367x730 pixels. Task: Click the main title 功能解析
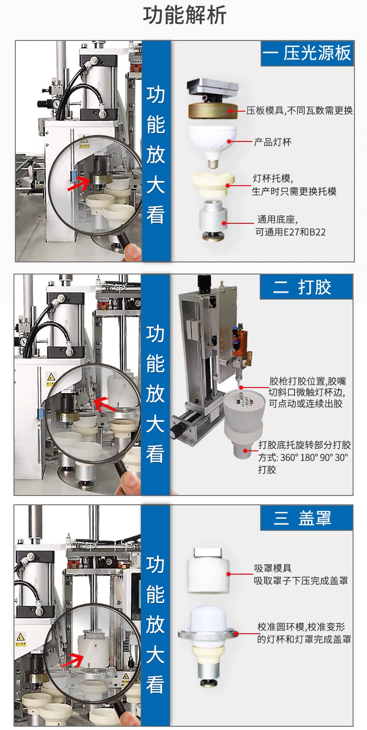coord(184,16)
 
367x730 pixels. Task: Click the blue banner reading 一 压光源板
coord(307,54)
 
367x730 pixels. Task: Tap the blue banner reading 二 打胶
coord(306,287)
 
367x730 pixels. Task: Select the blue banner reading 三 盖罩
coord(306,518)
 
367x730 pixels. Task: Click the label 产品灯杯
coord(273,142)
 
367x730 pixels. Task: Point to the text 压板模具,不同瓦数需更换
coord(299,111)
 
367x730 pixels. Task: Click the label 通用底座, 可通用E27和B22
coord(291,226)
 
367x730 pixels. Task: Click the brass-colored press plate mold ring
coord(213,111)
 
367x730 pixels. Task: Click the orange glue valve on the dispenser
coord(239,342)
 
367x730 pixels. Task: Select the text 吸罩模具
coord(273,569)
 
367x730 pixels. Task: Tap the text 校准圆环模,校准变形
coord(301,627)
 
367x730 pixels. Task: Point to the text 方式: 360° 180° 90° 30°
coord(303,457)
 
